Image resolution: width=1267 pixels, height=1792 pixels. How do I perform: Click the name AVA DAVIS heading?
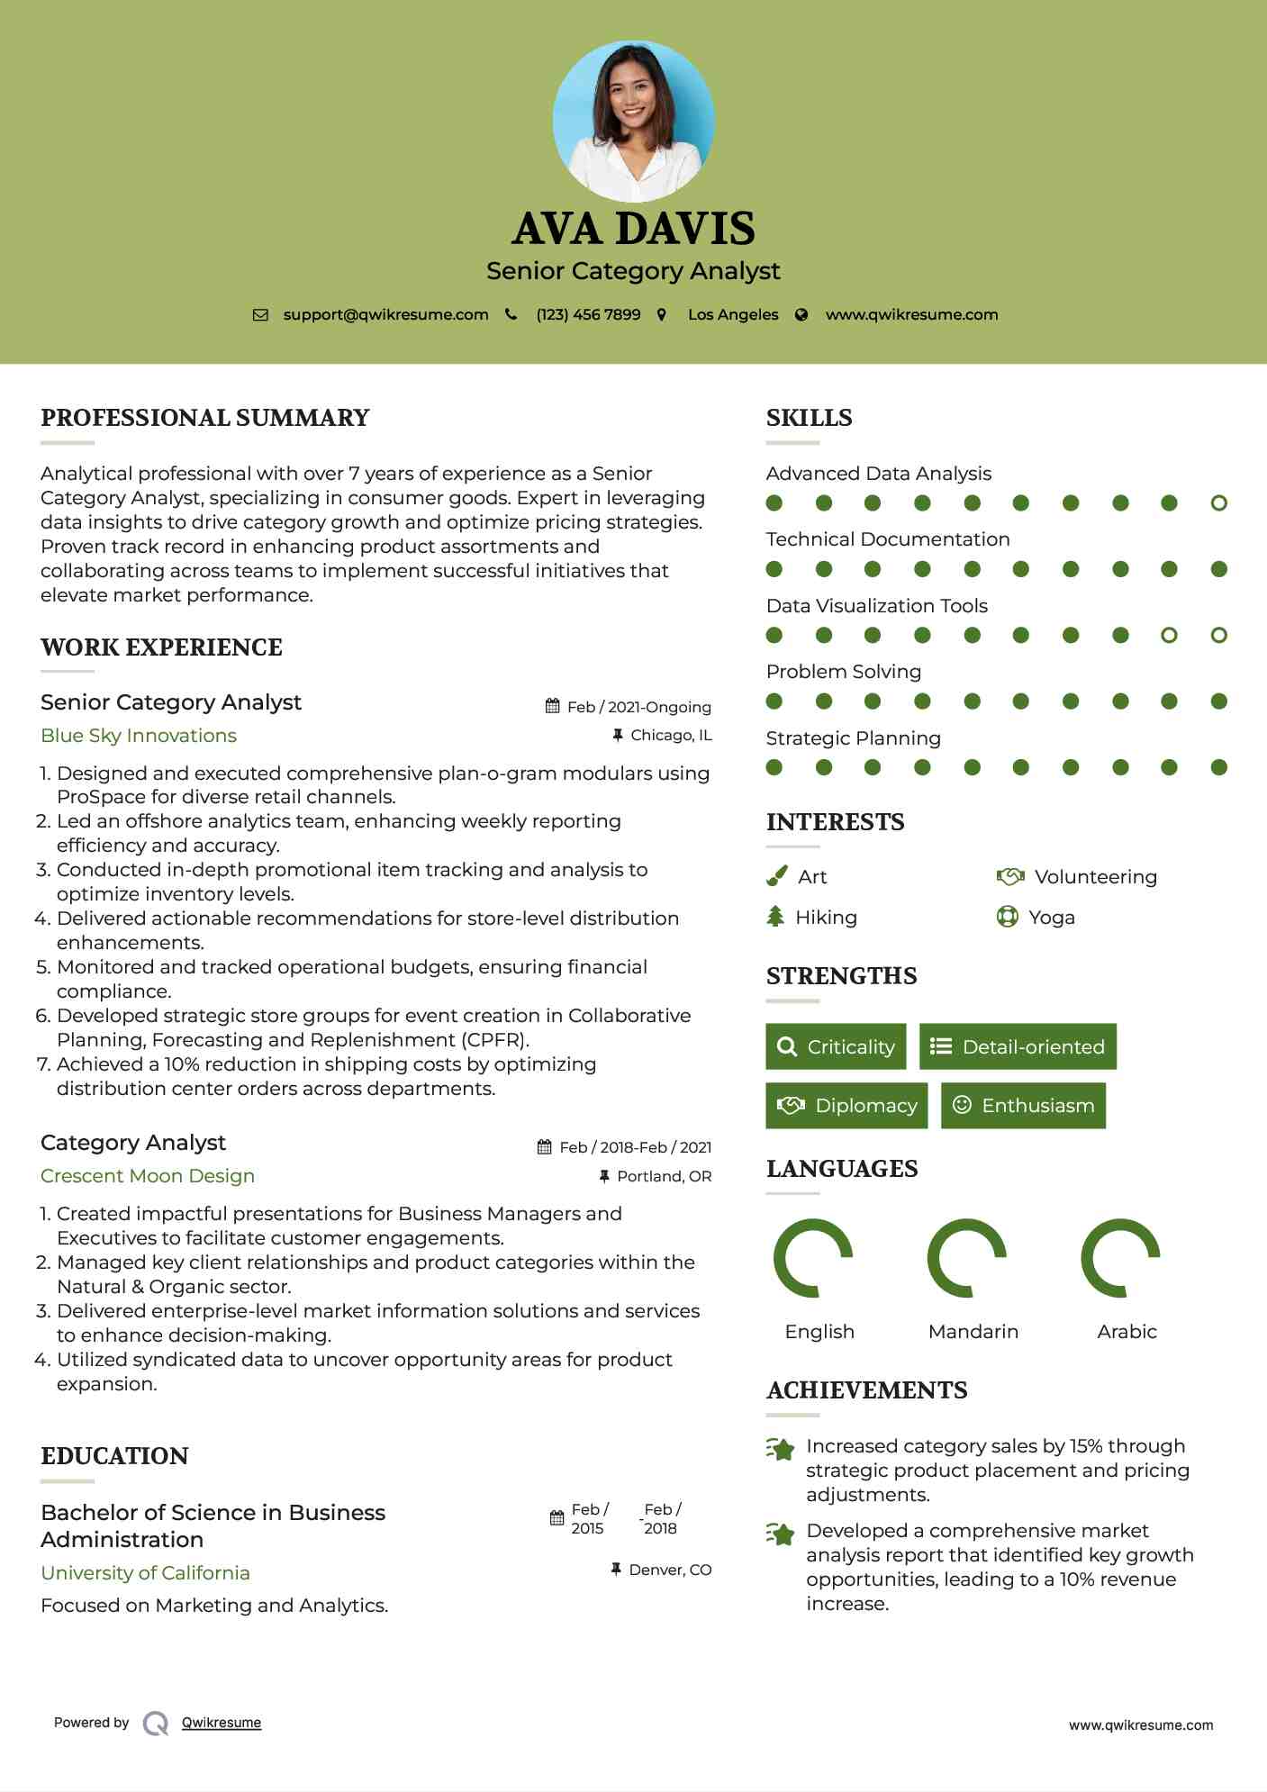tap(633, 229)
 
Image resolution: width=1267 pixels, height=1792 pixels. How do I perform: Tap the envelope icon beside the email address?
tap(260, 315)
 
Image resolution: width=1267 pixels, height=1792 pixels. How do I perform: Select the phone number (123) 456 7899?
tap(588, 315)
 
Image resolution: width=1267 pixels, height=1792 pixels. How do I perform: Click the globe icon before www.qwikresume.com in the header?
tap(801, 315)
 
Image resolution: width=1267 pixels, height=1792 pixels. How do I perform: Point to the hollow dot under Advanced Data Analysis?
tap(1218, 503)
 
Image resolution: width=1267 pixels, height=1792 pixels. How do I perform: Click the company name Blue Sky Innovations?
tap(139, 736)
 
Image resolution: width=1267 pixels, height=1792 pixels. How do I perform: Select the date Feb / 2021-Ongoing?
tap(638, 707)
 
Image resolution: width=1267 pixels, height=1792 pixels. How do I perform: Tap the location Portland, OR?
tap(664, 1176)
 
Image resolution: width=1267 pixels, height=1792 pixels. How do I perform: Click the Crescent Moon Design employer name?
tap(148, 1176)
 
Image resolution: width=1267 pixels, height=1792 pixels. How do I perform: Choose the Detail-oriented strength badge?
tap(1018, 1046)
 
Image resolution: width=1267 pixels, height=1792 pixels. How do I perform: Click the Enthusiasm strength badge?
tap(1023, 1106)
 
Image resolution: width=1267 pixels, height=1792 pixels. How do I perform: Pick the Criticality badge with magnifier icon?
tap(836, 1046)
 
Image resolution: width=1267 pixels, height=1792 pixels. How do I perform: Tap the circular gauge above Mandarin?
tap(966, 1258)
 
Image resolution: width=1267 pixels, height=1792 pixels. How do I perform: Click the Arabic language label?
tap(1127, 1332)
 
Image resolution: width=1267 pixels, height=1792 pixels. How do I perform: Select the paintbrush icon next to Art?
tap(776, 876)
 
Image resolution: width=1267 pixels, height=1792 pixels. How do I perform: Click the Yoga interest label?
tap(1051, 918)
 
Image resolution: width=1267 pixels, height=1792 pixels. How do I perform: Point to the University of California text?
tap(145, 1573)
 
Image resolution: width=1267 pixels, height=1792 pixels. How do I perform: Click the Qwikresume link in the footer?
tap(222, 1723)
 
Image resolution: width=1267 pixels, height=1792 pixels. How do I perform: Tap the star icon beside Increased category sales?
tap(781, 1449)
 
